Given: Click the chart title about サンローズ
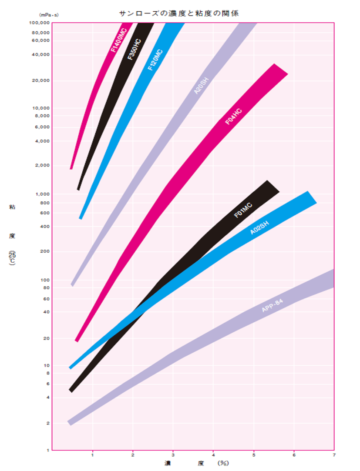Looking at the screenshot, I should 179,13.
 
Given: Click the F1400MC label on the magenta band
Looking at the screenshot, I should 118,40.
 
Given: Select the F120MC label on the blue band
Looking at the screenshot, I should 155,60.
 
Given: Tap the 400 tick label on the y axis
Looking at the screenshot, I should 45,227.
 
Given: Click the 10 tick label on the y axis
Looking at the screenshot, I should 47,366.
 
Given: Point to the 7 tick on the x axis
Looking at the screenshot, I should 334,455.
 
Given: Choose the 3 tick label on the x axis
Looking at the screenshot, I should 173,455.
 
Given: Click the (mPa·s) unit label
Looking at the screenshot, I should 49,15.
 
